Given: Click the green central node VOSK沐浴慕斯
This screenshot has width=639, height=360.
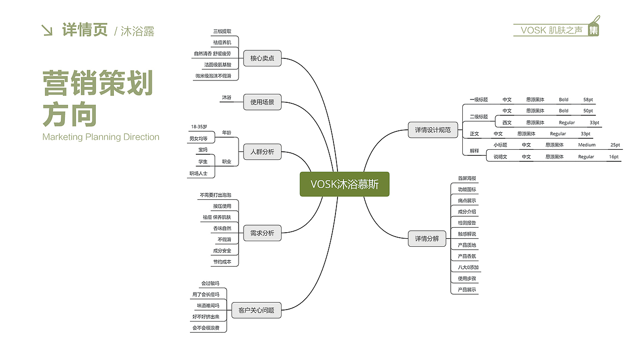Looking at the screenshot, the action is click(344, 184).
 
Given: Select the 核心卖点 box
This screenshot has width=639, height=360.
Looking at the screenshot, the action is click(262, 58).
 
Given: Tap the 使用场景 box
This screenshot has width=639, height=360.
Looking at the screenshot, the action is click(262, 102).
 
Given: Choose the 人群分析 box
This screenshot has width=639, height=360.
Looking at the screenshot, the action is click(262, 151).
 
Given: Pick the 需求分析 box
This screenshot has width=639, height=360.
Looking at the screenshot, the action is click(262, 233).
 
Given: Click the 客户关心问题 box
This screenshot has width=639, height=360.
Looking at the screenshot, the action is click(256, 310).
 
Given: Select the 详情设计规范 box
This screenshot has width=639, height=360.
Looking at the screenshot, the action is click(433, 130).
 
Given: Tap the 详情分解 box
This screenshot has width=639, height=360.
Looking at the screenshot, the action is click(427, 239).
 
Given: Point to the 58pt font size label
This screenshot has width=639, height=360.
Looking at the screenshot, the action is click(588, 99).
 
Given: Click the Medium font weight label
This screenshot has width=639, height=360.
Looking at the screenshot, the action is click(587, 145).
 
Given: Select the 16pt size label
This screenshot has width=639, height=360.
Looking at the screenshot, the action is click(614, 157).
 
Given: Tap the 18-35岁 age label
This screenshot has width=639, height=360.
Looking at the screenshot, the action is click(199, 126).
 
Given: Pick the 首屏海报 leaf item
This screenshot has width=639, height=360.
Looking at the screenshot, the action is click(467, 178).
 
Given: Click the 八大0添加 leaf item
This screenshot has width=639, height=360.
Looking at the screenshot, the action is click(468, 267).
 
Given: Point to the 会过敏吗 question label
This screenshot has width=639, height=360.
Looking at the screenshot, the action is click(210, 283).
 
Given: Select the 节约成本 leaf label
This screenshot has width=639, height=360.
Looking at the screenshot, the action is click(222, 262).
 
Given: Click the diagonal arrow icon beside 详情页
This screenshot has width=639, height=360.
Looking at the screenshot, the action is click(47, 30).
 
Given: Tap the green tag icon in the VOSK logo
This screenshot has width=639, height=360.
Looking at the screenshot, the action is click(594, 26).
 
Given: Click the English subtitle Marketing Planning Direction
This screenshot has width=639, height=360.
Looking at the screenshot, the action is click(101, 137).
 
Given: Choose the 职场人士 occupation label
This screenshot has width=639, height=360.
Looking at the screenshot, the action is click(198, 173).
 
